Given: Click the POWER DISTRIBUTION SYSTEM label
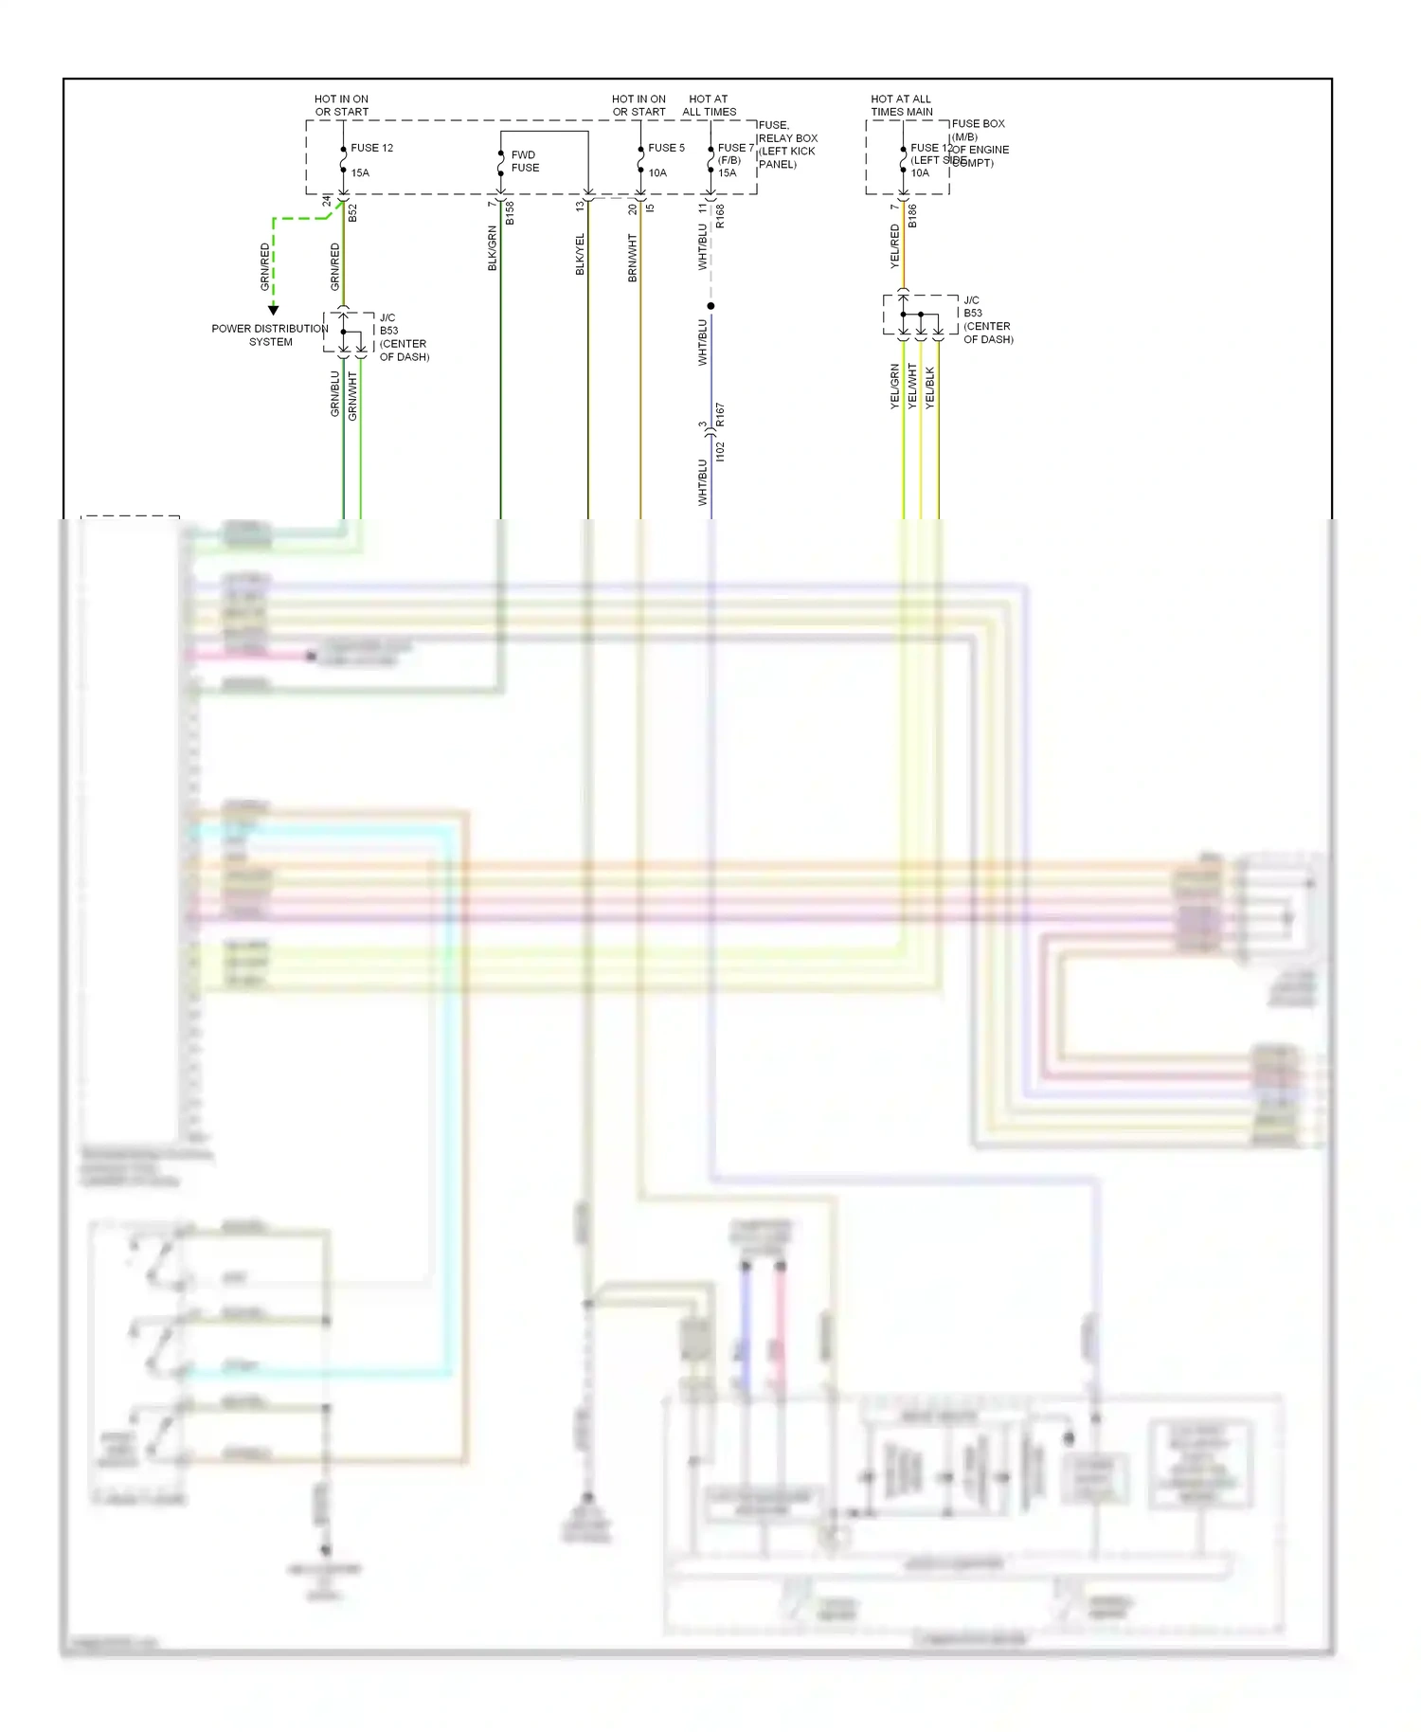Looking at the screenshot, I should click(x=270, y=335).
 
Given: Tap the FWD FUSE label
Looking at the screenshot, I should click(x=525, y=161).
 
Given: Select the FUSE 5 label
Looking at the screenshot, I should click(x=666, y=148).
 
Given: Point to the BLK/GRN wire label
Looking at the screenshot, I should click(x=493, y=248).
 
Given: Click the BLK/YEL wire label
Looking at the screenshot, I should click(x=580, y=254).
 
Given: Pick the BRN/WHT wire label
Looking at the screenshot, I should click(x=633, y=258).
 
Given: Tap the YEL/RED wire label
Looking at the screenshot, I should click(x=895, y=246).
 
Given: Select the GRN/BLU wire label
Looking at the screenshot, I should click(x=335, y=393).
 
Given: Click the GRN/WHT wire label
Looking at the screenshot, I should click(x=352, y=395).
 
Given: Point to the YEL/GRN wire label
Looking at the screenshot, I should click(x=895, y=387).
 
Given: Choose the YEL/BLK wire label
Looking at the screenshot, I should click(x=929, y=388).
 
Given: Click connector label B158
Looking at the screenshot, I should click(x=510, y=212).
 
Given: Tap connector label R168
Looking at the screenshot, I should click(x=720, y=216).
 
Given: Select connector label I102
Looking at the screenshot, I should click(x=720, y=451).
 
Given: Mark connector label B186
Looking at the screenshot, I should click(x=912, y=216).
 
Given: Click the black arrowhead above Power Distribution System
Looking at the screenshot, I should click(x=274, y=310).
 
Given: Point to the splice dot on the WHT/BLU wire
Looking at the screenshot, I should click(x=710, y=306).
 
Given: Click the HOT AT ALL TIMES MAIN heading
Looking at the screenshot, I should click(x=902, y=105).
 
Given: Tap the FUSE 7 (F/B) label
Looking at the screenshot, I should click(x=735, y=153).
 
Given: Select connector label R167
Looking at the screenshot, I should click(x=720, y=413).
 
